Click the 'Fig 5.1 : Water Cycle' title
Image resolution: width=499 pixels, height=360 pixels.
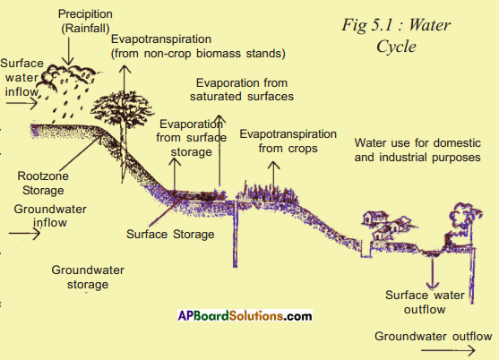(396, 35)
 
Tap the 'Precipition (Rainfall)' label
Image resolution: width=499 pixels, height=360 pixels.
(85, 21)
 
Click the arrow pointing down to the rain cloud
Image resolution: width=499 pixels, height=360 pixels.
(68, 51)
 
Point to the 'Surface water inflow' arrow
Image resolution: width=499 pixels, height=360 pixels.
(22, 103)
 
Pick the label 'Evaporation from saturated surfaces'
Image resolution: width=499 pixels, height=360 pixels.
(242, 90)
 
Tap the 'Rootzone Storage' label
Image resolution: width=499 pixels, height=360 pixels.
(43, 183)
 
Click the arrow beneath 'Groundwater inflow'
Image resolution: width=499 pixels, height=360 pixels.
(24, 234)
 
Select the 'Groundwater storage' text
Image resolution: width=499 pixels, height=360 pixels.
(88, 277)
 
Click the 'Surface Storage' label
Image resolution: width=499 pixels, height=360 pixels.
(170, 235)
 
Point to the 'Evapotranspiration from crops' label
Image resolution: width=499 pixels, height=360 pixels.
(288, 141)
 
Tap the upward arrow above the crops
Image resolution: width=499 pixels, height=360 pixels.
(273, 175)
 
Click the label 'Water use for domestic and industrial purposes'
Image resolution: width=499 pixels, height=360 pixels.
(417, 150)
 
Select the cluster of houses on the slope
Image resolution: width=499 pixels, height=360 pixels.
(388, 226)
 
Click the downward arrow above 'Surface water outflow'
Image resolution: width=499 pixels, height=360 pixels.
(432, 273)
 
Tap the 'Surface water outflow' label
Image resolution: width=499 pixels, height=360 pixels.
(425, 302)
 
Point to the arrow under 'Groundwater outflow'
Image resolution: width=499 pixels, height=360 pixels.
(448, 350)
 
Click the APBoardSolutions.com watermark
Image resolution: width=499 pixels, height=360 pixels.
(245, 315)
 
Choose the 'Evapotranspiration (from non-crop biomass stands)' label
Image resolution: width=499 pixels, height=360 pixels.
(198, 46)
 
